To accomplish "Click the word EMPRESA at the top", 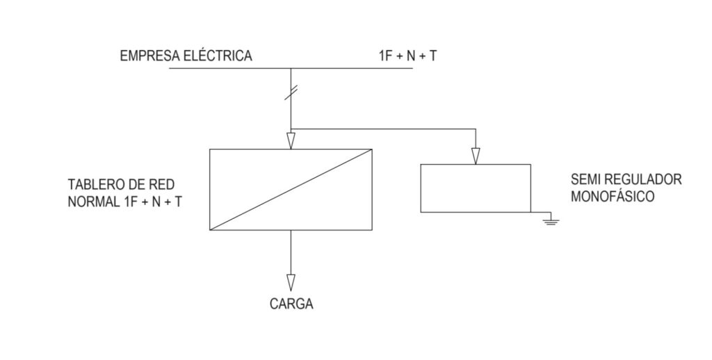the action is point(149,56).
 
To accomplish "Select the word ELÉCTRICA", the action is point(217,55).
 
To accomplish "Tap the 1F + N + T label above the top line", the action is point(407,56).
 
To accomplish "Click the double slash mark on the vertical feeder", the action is point(291,92).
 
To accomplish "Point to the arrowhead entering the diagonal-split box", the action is point(291,140).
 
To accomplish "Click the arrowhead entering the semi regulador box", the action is point(476,156).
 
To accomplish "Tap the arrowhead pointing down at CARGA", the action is point(291,282).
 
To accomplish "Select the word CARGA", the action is point(291,304).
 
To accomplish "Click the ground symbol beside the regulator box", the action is point(551,222).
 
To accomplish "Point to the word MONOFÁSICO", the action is point(613,197).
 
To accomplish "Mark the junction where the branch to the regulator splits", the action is point(291,129).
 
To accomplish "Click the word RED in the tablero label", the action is point(162,185).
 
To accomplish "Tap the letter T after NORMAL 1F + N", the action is point(177,202).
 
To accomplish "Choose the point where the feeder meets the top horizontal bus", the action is point(291,68).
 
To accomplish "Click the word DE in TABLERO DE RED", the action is point(137,185).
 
